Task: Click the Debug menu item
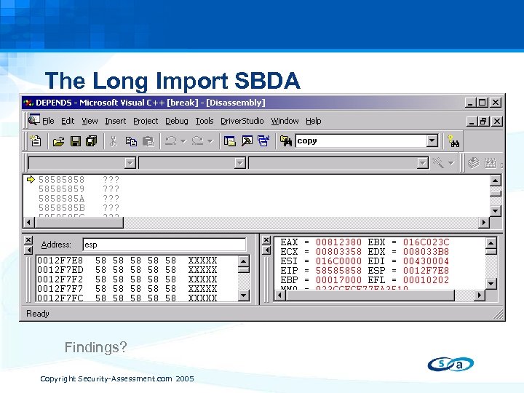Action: [x=176, y=121]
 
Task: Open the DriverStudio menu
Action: [x=242, y=121]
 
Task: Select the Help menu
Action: [x=313, y=121]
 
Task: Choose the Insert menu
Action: [x=115, y=121]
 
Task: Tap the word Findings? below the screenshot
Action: [x=95, y=347]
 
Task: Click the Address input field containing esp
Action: [x=164, y=245]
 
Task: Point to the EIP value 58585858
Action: [x=338, y=270]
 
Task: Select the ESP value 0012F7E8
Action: [x=426, y=270]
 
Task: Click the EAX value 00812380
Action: [x=338, y=242]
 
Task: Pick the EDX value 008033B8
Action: [x=426, y=252]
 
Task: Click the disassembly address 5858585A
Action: [x=61, y=198]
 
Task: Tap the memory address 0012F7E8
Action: [x=60, y=260]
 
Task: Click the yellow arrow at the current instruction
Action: [x=31, y=179]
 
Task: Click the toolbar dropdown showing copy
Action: [x=367, y=140]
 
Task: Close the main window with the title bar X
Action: [x=496, y=103]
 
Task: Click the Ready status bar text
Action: [x=38, y=314]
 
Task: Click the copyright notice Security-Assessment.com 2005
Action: [x=116, y=379]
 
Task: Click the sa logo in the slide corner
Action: [x=450, y=364]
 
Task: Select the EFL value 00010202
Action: [x=426, y=279]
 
